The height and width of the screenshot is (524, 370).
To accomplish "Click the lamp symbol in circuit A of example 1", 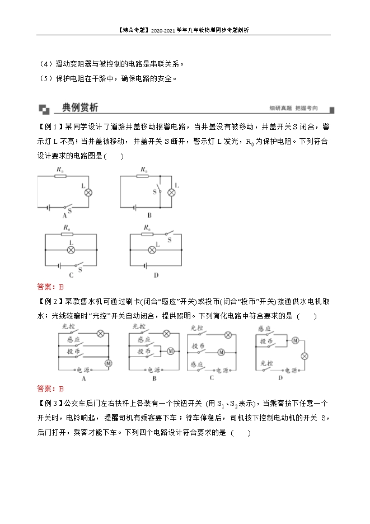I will pyautogui.click(x=88, y=192).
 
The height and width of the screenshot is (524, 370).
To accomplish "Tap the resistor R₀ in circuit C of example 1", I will pyautogui.click(x=67, y=235).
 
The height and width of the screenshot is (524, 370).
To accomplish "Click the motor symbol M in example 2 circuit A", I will pyautogui.click(x=109, y=363).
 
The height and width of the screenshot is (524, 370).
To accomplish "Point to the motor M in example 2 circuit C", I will pyautogui.click(x=221, y=352).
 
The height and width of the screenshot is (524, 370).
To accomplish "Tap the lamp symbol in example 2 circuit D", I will pyautogui.click(x=305, y=355).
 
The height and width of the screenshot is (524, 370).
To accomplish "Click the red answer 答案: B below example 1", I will pyautogui.click(x=50, y=287).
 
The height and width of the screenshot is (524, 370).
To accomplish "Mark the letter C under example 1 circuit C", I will pyautogui.click(x=71, y=276).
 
